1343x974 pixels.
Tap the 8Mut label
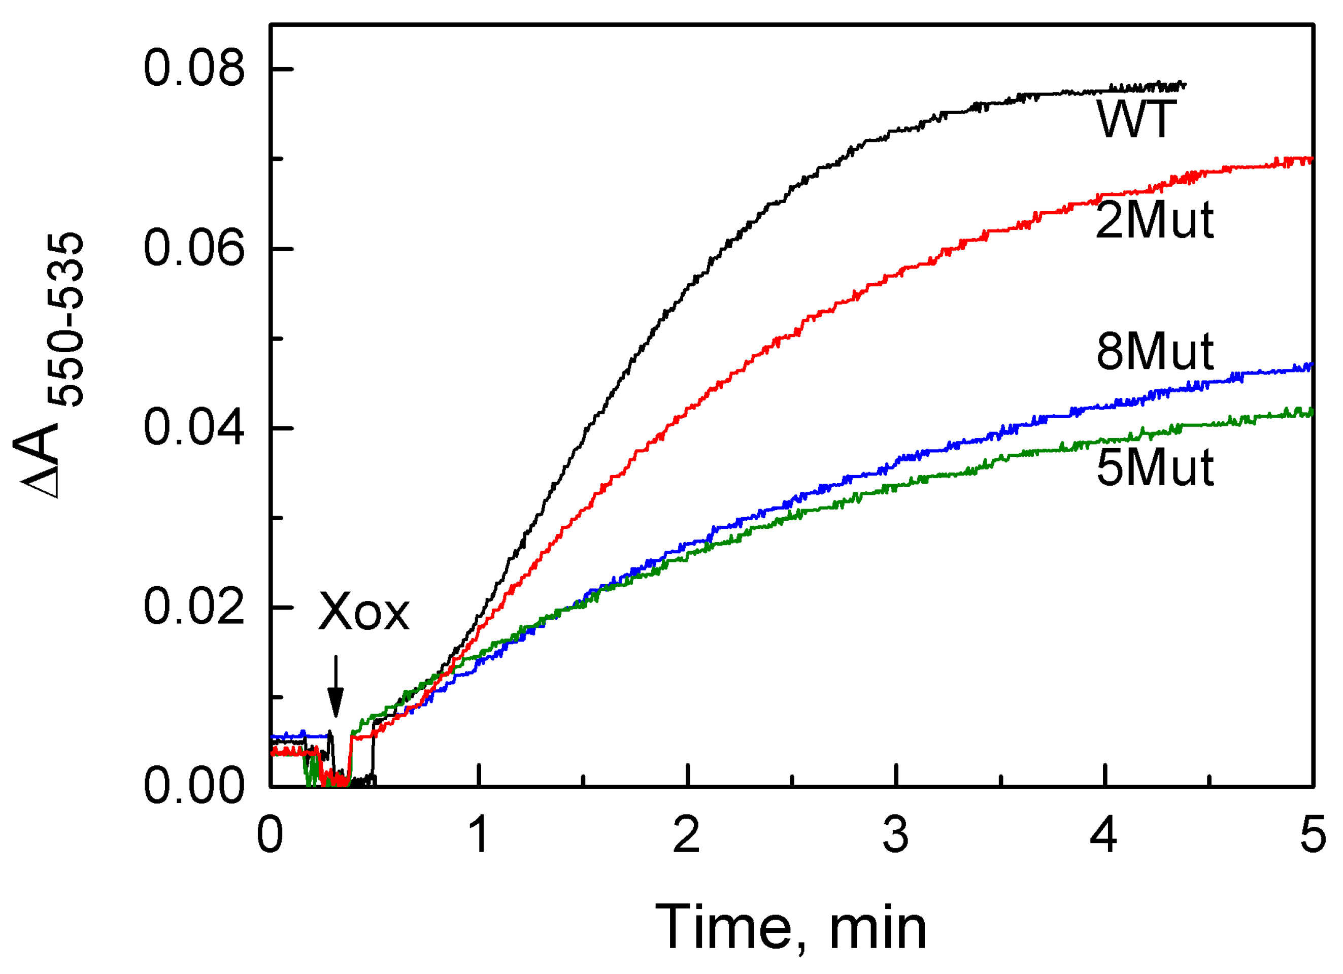[x=1154, y=352]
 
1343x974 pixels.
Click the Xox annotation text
[x=363, y=612]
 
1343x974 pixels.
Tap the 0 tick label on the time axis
[x=270, y=835]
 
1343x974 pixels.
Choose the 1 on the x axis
[x=479, y=835]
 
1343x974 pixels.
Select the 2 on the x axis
[x=687, y=835]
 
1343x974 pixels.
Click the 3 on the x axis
[x=896, y=835]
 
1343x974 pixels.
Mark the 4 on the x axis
[x=1104, y=835]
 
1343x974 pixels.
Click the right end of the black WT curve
[x=1184, y=85]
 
